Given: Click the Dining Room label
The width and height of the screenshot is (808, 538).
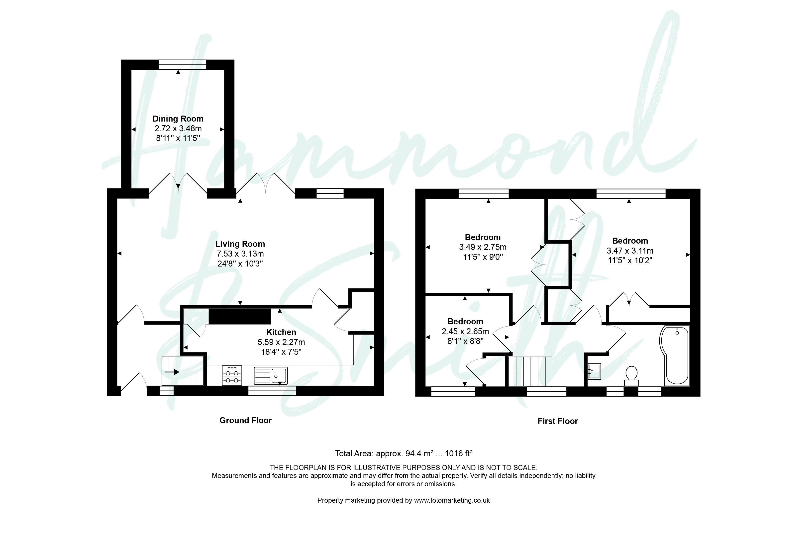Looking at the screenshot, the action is pos(178,119).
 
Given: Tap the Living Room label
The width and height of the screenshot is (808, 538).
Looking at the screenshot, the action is pos(240,244).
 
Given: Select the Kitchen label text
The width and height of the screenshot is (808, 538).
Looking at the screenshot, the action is pos(281,332).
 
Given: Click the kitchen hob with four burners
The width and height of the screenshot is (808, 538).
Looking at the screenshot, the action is pos(232,375).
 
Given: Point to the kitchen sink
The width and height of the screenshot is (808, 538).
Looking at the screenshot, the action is pos(271,376).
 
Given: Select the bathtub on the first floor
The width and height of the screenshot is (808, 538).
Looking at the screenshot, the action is pos(675,355).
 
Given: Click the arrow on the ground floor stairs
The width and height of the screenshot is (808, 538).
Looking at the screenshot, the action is pos(172,372).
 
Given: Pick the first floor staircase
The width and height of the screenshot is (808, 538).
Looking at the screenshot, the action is pos(530,372).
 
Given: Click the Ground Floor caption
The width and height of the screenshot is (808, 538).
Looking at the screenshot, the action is pos(246,420).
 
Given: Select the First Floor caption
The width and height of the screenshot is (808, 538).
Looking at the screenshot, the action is pos(558,421).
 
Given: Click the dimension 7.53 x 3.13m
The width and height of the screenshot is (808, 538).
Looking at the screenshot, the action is pos(240,254).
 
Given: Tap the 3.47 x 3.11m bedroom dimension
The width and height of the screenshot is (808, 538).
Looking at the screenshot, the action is pos(630,251).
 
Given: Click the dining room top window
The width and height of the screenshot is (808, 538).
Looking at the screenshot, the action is pos(182,65).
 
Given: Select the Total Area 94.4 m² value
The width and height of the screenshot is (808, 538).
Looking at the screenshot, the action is pos(419,454).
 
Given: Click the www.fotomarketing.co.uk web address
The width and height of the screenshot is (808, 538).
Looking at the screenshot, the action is pos(452,500).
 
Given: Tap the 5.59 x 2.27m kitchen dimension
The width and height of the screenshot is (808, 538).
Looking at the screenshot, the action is pos(281,342).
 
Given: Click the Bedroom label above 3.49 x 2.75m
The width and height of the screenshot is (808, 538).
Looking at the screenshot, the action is pos(482,237).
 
